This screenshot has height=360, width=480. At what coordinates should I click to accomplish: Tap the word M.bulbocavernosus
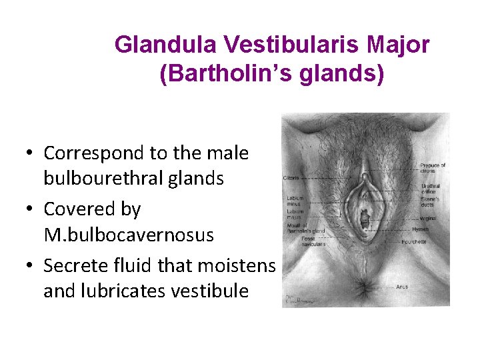129,235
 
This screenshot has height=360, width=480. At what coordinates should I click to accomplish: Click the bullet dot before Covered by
31,209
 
